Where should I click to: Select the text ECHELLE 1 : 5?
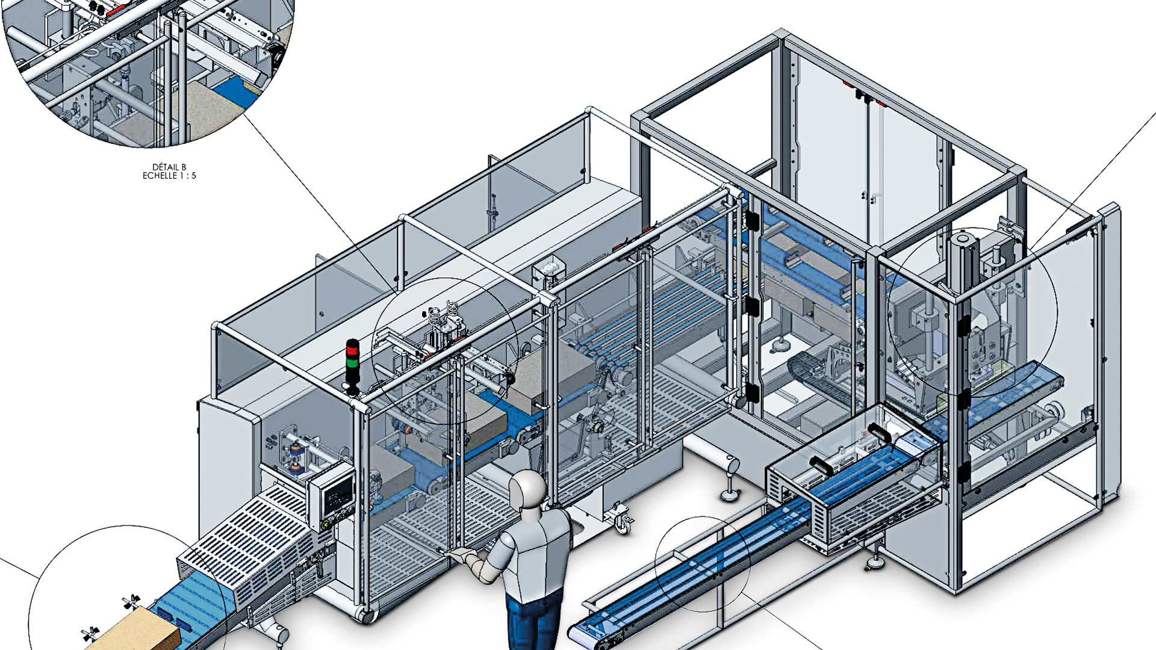point(169,176)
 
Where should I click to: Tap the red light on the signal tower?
point(352,350)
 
